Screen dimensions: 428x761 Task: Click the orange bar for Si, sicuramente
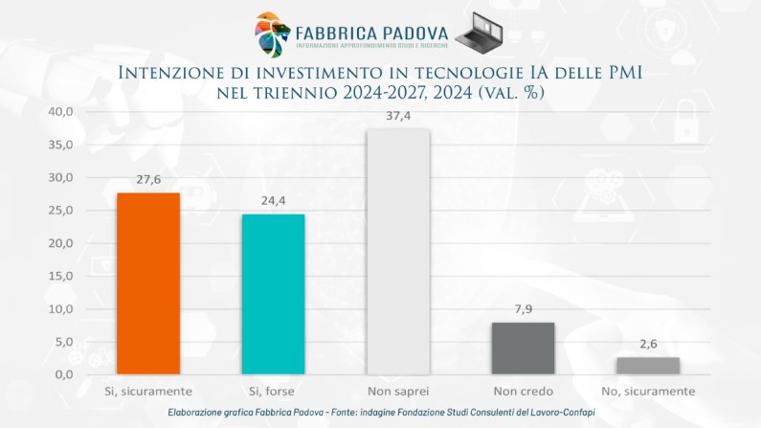tap(148, 283)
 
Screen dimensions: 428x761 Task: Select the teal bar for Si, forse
tap(273, 294)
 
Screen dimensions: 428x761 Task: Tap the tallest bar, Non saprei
tap(398, 251)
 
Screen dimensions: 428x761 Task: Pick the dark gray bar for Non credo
tap(523, 349)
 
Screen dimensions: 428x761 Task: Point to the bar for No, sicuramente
tap(648, 366)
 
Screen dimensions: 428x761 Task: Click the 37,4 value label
tap(398, 116)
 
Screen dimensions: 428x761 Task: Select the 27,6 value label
tap(148, 180)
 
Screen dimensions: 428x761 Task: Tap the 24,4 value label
tap(273, 201)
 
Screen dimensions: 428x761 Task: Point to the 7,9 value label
tap(523, 310)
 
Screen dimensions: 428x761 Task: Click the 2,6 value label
tap(648, 345)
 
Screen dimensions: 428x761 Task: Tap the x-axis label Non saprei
tap(398, 392)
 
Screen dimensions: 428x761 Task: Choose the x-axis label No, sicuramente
tap(648, 392)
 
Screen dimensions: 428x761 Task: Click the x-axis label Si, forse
tap(273, 392)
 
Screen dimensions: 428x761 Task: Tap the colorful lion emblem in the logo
tap(272, 33)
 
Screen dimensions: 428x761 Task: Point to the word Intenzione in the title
tap(172, 73)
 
